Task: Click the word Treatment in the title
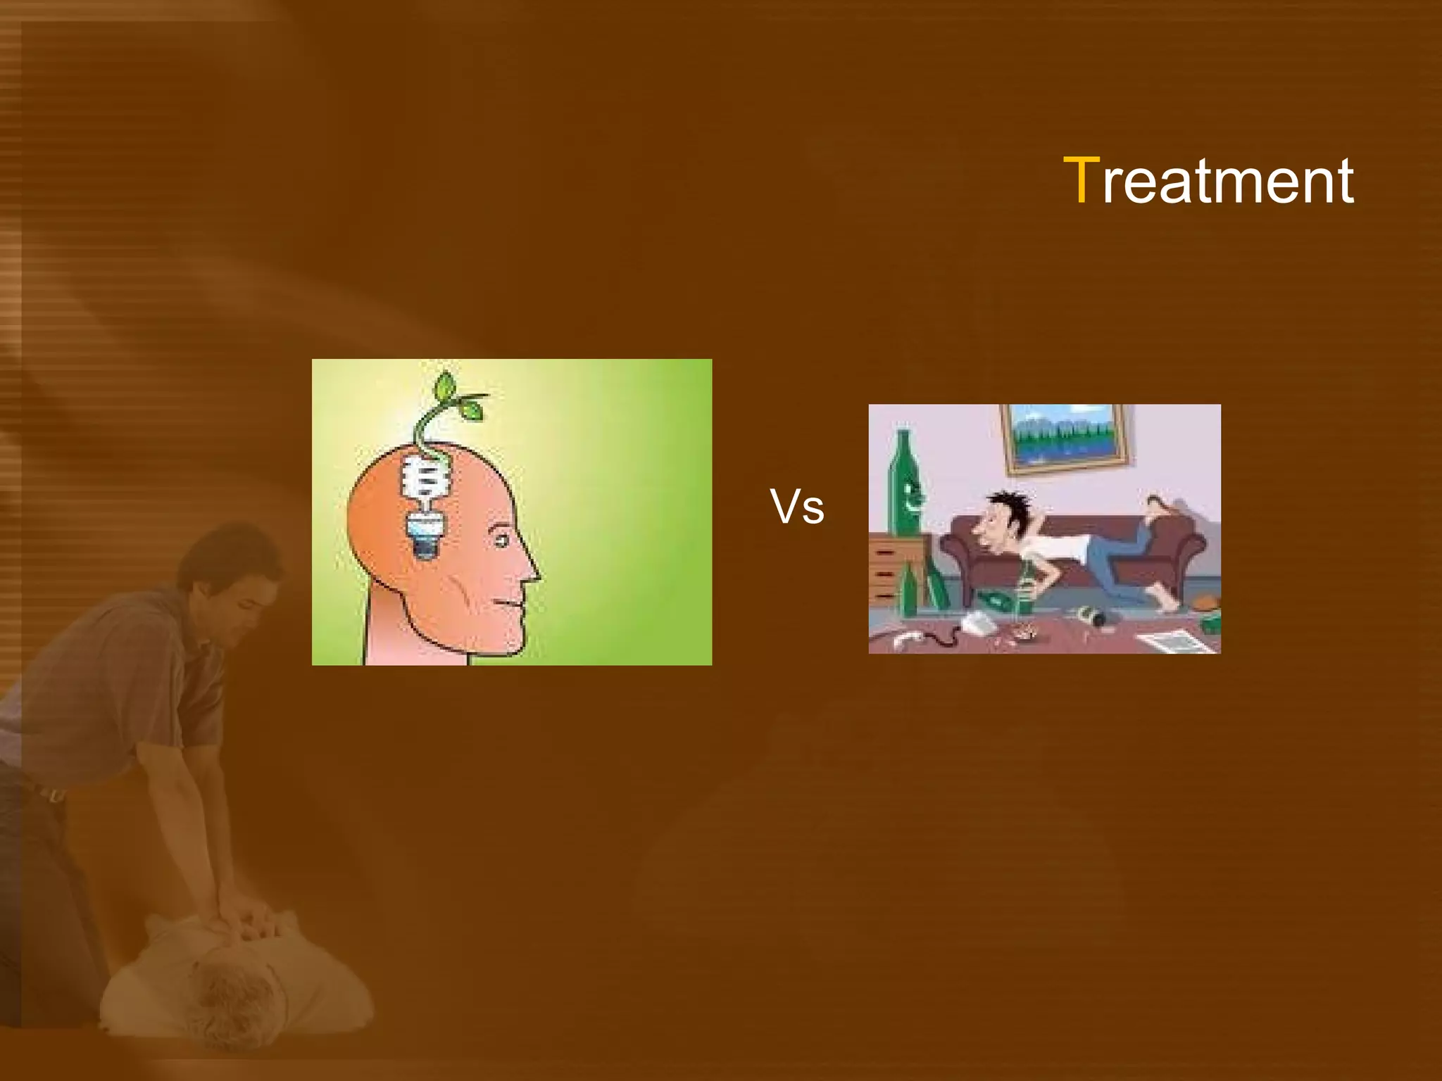pos(1208,182)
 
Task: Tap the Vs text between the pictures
pos(796,507)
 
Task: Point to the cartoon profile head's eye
pos(501,541)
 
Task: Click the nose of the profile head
pos(532,574)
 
